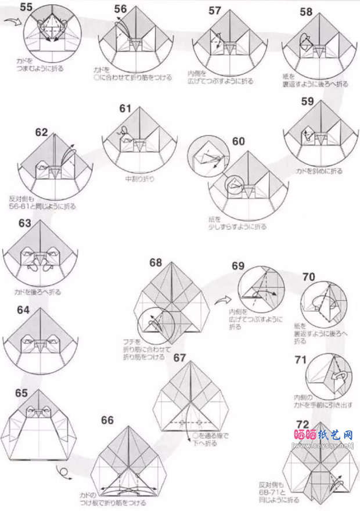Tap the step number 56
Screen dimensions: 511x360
click(x=120, y=9)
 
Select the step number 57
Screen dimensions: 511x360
click(x=214, y=10)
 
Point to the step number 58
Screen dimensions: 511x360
click(x=306, y=12)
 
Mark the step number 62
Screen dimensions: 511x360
click(x=41, y=132)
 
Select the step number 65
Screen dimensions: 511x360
click(x=21, y=393)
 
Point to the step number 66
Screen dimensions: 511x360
click(x=107, y=420)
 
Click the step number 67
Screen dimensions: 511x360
click(x=179, y=358)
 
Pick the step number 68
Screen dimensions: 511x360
click(x=155, y=262)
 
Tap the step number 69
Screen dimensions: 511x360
click(x=238, y=267)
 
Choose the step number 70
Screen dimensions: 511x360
click(x=309, y=276)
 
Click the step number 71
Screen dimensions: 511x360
click(x=300, y=360)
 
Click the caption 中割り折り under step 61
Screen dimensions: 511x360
click(x=140, y=179)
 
